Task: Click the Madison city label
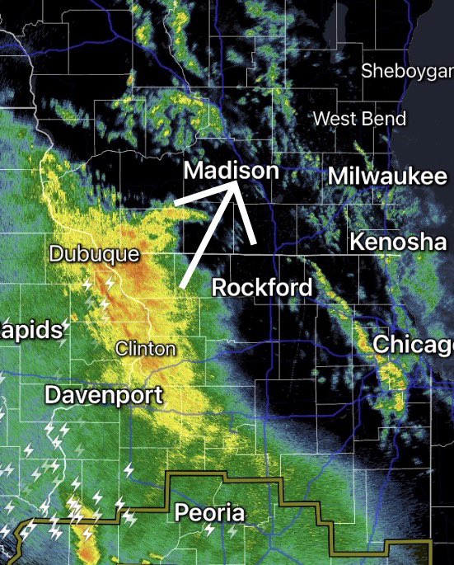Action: [x=232, y=171]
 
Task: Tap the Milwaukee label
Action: [x=387, y=176]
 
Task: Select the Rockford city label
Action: [x=262, y=287]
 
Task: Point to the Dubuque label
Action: [x=94, y=253]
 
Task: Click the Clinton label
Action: [x=146, y=348]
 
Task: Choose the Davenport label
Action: [x=103, y=394]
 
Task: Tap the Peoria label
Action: [x=210, y=513]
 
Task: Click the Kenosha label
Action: [x=397, y=242]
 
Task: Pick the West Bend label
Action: [x=359, y=119]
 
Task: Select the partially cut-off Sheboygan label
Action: [x=407, y=71]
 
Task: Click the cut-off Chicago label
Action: [x=413, y=344]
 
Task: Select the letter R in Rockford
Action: [x=220, y=287]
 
